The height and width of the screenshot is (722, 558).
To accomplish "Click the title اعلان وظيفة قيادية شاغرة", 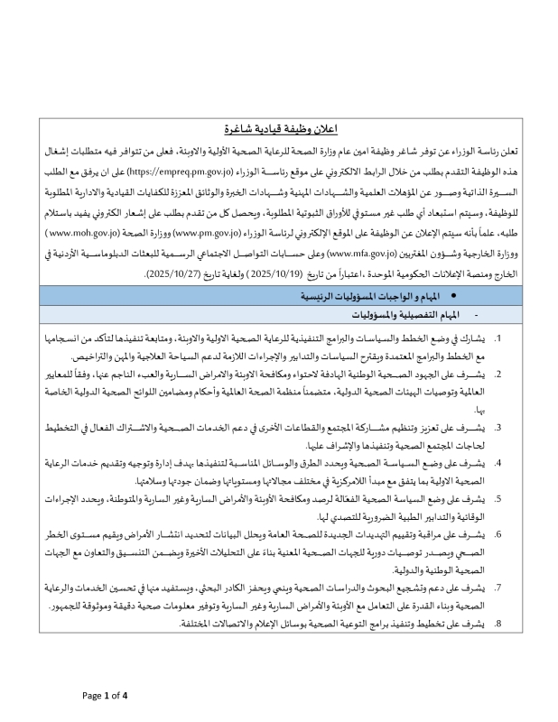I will pos(279,129).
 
